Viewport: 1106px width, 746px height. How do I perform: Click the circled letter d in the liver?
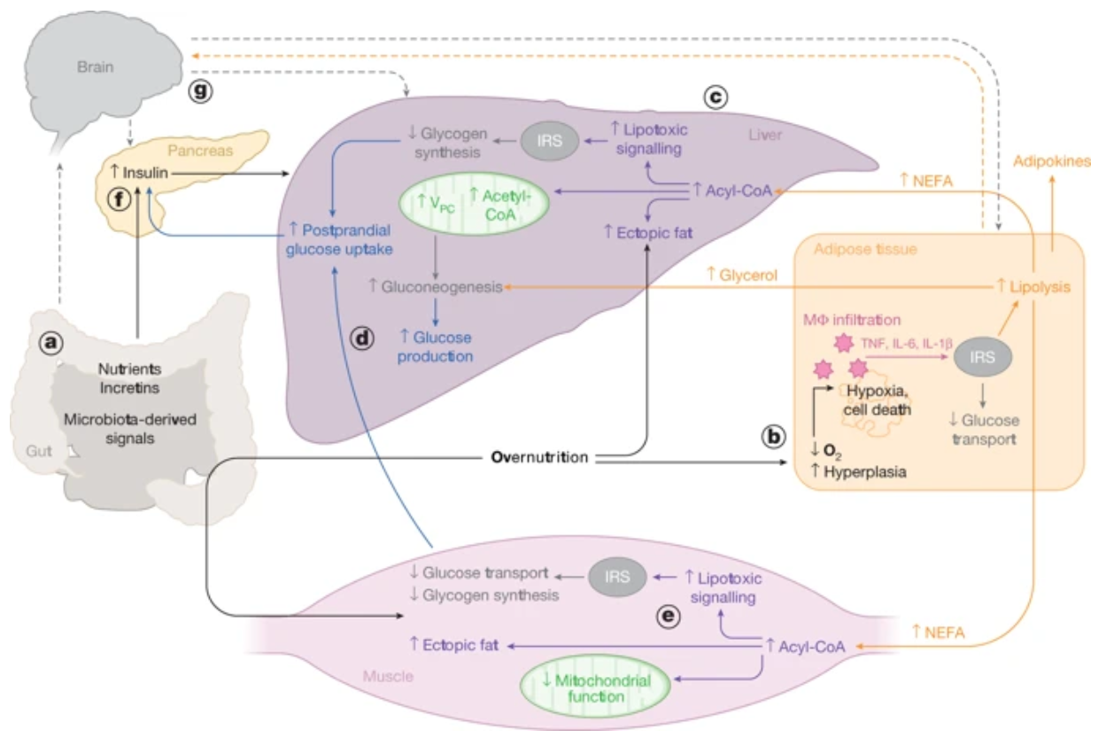tap(363, 337)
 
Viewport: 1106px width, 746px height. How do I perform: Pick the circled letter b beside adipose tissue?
tap(775, 438)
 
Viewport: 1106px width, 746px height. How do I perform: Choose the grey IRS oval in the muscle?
tap(619, 577)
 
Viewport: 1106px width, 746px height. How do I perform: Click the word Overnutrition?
tap(540, 458)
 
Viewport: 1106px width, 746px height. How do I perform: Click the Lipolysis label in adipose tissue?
tap(1033, 286)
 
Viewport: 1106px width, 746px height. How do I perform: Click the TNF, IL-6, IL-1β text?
tap(903, 341)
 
